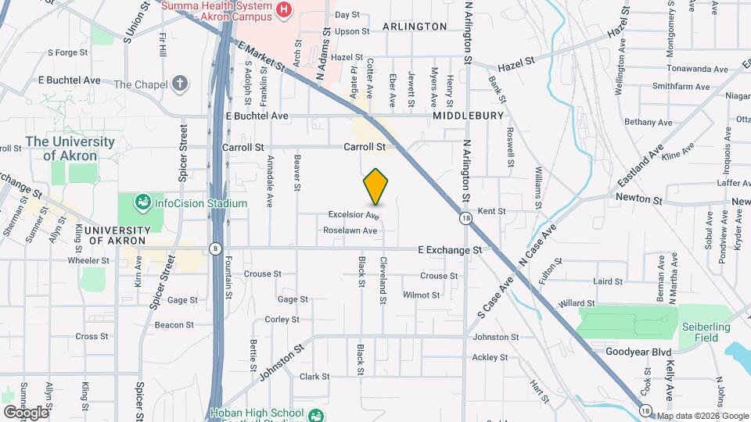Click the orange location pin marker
pyautogui.click(x=376, y=186)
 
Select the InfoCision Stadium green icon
pyautogui.click(x=142, y=203)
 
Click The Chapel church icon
pyautogui.click(x=181, y=84)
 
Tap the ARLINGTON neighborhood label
pyautogui.click(x=415, y=27)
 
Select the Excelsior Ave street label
pyautogui.click(x=354, y=215)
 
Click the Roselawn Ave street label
pyautogui.click(x=350, y=231)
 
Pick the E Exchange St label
pyautogui.click(x=450, y=250)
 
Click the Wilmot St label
pyautogui.click(x=421, y=295)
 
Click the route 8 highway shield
pyautogui.click(x=214, y=249)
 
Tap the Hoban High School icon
pyautogui.click(x=315, y=414)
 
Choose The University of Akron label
pyautogui.click(x=70, y=148)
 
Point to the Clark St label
pyautogui.click(x=314, y=376)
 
